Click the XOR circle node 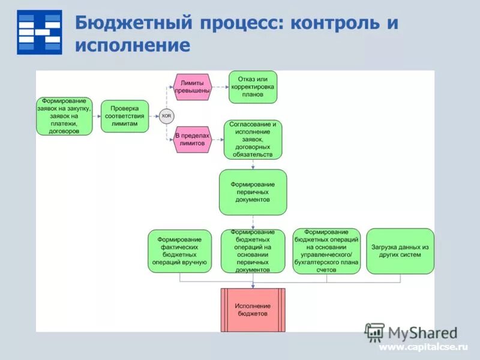[x=166, y=116]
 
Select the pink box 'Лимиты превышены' [x=192, y=87]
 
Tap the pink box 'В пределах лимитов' [x=192, y=139]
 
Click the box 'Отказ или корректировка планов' [x=253, y=87]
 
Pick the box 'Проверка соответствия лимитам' [x=124, y=116]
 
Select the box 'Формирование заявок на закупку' [x=64, y=116]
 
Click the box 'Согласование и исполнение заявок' [x=253, y=140]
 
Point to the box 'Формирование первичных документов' [x=253, y=192]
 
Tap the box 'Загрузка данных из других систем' [x=400, y=251]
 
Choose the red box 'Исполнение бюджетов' [x=253, y=310]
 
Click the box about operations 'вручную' [x=180, y=251]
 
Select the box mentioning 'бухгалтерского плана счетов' [x=326, y=251]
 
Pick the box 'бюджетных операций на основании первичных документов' [x=253, y=251]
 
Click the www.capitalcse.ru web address [x=422, y=347]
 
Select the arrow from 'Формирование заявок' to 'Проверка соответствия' [x=97, y=116]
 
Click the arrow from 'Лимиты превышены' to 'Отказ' [x=220, y=88]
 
